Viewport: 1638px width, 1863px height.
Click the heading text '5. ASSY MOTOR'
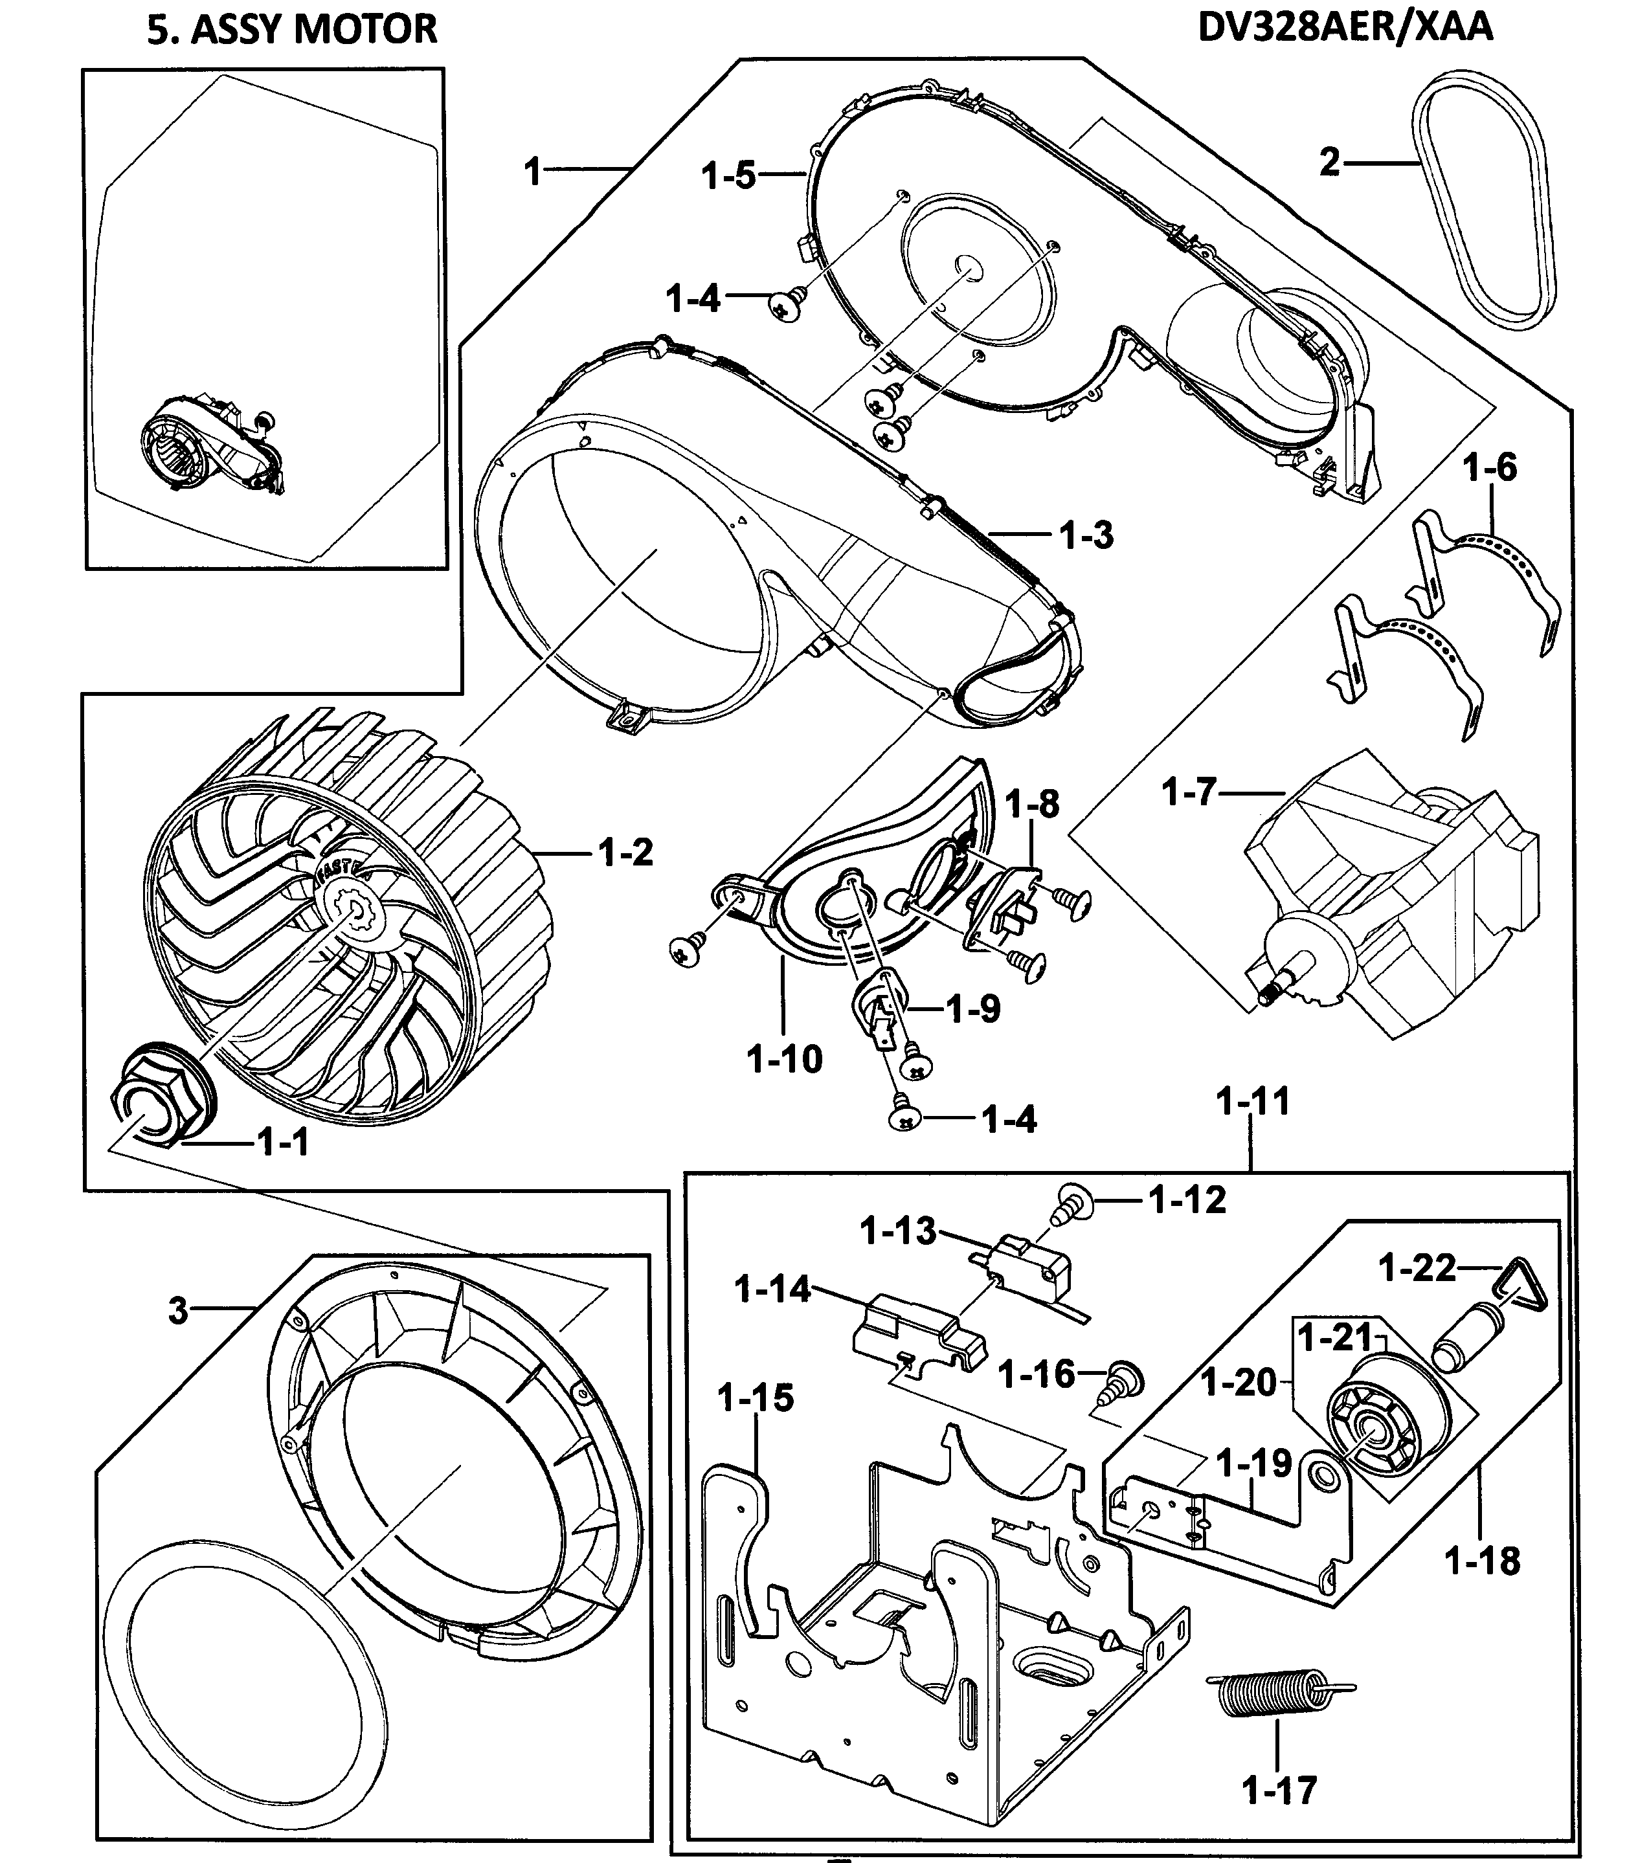292,29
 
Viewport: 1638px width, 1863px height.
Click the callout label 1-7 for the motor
1189,793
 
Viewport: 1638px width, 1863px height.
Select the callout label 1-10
784,1059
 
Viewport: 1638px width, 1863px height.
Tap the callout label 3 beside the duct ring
178,1311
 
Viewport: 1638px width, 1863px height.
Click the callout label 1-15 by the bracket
755,1397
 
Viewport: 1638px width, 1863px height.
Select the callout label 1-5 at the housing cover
728,175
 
